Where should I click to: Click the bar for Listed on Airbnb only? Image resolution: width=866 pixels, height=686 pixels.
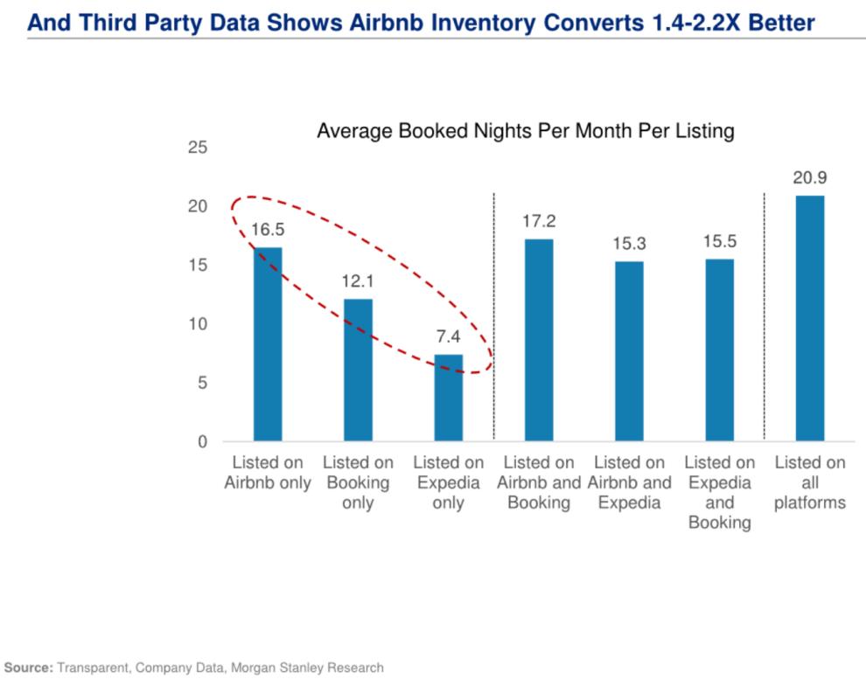pyautogui.click(x=268, y=344)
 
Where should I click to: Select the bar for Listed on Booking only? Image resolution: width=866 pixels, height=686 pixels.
pyautogui.click(x=358, y=370)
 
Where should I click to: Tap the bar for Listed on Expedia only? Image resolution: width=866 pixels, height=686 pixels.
pyautogui.click(x=449, y=398)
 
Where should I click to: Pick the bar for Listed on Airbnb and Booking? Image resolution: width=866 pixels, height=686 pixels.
pyautogui.click(x=539, y=340)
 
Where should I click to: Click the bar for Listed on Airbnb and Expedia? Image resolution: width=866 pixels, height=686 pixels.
pyautogui.click(x=629, y=351)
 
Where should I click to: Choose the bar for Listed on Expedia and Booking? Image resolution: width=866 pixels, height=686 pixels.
pyautogui.click(x=720, y=350)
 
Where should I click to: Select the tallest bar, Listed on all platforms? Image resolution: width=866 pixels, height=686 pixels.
pyautogui.click(x=810, y=318)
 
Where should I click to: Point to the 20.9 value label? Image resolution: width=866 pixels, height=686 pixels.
pyautogui.click(x=810, y=178)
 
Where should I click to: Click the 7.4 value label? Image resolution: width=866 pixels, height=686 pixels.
pyautogui.click(x=449, y=337)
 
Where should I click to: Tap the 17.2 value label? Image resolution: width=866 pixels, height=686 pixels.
pyautogui.click(x=539, y=222)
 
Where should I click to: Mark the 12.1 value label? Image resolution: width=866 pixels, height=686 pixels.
pyautogui.click(x=358, y=282)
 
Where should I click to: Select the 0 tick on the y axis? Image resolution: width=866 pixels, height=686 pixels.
pyautogui.click(x=202, y=442)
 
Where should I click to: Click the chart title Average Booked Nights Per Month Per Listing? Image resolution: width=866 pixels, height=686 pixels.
pyautogui.click(x=525, y=132)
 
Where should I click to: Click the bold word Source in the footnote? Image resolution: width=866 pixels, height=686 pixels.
pyautogui.click(x=27, y=668)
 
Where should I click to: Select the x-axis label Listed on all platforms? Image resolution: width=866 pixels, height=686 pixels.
pyautogui.click(x=810, y=482)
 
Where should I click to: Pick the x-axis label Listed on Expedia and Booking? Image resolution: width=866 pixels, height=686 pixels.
pyautogui.click(x=720, y=493)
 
